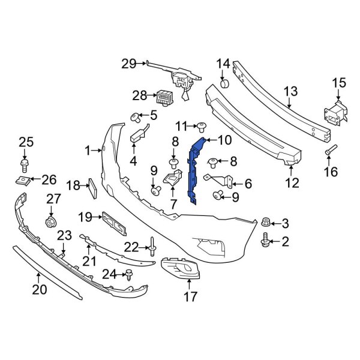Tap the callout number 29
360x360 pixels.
[x=129, y=63]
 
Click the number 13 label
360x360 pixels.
[x=290, y=91]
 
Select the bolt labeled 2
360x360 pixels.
[x=266, y=242]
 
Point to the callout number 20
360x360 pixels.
[x=38, y=291]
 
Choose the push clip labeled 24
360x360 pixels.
[x=129, y=274]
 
